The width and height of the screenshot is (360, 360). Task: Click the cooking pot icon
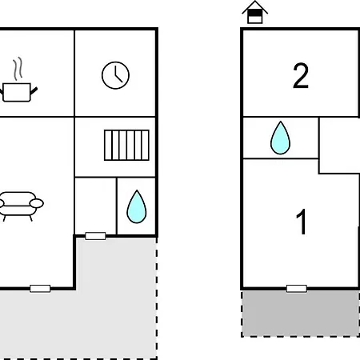[17, 92]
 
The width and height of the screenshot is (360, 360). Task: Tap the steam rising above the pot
[18, 68]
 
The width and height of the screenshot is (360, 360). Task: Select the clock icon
[115, 75]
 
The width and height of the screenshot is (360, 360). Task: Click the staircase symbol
[126, 145]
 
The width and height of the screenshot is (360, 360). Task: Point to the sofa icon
[20, 206]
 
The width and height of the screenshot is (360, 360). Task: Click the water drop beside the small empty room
[137, 206]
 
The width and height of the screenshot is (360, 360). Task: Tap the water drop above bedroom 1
[280, 138]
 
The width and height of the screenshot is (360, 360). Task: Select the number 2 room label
[301, 76]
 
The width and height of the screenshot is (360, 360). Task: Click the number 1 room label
[302, 222]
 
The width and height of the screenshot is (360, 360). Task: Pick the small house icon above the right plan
[255, 12]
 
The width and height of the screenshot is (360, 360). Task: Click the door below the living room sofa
[40, 289]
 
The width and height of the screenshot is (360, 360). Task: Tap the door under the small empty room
[95, 236]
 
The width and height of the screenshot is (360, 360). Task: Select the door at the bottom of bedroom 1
[297, 289]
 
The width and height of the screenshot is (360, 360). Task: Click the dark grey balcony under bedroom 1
[301, 313]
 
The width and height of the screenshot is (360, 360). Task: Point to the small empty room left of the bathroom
[95, 206]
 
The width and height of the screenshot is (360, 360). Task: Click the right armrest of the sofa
[37, 203]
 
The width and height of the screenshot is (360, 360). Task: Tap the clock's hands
[118, 74]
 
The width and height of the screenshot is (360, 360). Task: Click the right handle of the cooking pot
[34, 90]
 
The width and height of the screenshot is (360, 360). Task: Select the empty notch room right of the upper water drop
[339, 146]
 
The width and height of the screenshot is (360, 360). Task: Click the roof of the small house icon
[255, 6]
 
